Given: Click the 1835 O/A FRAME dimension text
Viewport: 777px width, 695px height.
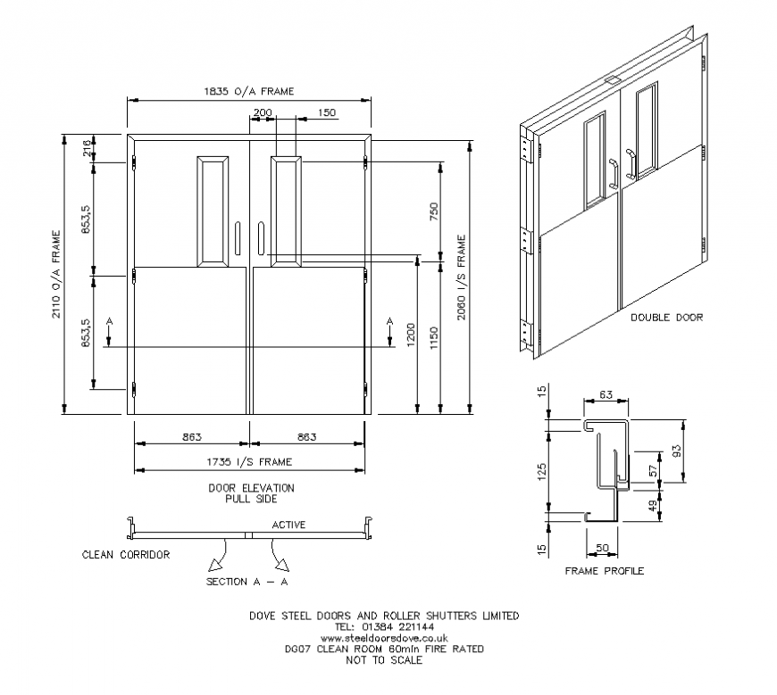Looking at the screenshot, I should [x=248, y=92].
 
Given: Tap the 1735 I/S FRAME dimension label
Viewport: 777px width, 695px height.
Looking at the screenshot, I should [x=248, y=461].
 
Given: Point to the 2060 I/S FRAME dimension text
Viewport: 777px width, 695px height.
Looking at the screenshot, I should [x=462, y=277].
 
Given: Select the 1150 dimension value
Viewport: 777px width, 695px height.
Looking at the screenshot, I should [x=435, y=337].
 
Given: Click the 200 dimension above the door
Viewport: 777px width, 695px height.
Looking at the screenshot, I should [x=263, y=113].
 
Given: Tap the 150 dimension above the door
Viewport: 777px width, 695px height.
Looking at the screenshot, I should [x=326, y=113].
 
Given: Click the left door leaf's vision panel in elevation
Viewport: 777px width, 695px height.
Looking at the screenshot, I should [x=213, y=211].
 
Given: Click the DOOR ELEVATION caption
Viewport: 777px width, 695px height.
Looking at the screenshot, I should [x=251, y=488].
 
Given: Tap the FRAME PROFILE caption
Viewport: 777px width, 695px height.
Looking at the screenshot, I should [x=605, y=571].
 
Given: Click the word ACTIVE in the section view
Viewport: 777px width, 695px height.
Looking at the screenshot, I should [x=288, y=525].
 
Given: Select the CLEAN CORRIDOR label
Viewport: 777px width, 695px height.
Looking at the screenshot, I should [x=126, y=555].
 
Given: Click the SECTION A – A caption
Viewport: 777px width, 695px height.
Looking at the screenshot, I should [x=246, y=583].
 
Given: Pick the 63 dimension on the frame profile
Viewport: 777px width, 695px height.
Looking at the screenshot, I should [x=605, y=393].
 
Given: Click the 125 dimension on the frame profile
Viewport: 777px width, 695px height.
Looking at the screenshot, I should [x=541, y=471].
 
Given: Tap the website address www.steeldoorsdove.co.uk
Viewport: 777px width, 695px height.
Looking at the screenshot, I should [x=384, y=639].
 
